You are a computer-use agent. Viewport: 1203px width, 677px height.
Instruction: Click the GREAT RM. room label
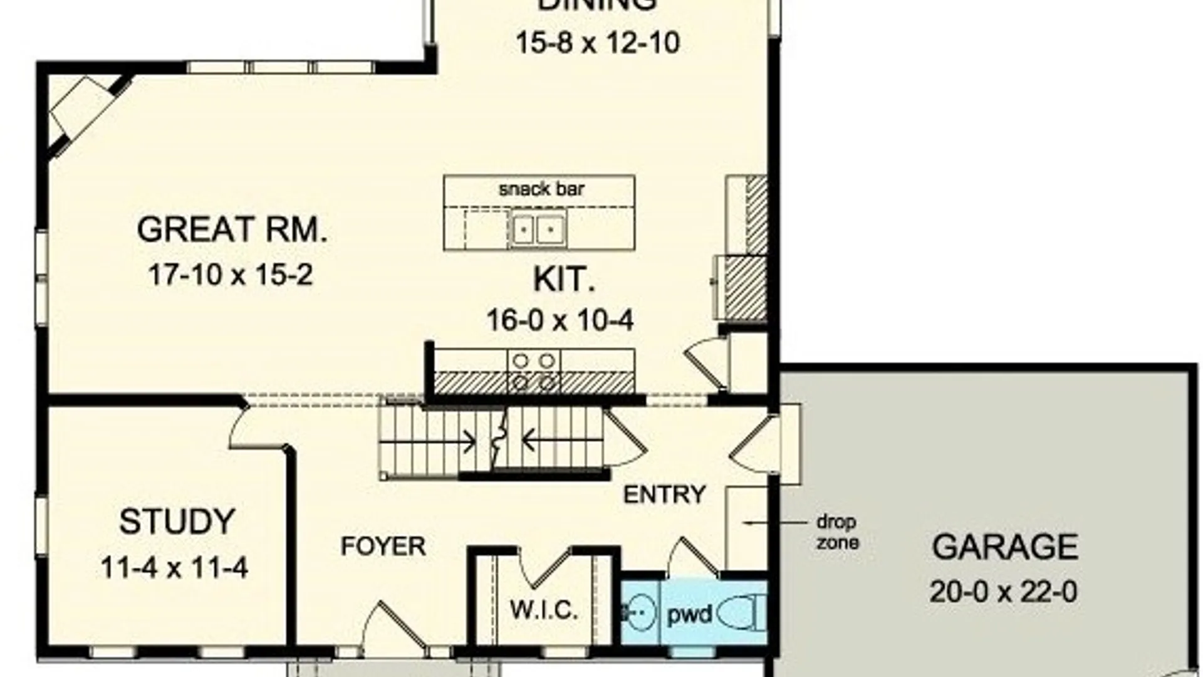[232, 229]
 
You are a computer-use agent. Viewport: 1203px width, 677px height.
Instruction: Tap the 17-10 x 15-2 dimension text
[230, 275]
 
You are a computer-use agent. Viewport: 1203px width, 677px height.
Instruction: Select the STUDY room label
[177, 522]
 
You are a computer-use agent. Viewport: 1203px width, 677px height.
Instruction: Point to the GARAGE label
[1004, 547]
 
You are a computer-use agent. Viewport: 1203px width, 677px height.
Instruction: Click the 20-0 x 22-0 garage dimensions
[1003, 592]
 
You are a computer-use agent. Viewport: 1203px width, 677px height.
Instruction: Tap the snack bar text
[541, 189]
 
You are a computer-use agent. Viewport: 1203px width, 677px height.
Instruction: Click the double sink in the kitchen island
[538, 229]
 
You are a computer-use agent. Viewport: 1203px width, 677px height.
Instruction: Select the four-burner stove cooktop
[534, 371]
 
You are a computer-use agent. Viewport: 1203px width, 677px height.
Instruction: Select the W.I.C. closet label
[544, 609]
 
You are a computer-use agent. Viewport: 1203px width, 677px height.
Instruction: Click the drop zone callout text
[836, 532]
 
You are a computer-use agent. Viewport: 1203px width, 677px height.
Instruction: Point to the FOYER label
[383, 546]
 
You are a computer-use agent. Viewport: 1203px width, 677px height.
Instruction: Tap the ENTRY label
[664, 495]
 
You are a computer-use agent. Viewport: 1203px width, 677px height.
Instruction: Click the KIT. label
[563, 280]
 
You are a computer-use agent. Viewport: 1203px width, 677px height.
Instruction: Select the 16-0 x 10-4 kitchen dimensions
[560, 320]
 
